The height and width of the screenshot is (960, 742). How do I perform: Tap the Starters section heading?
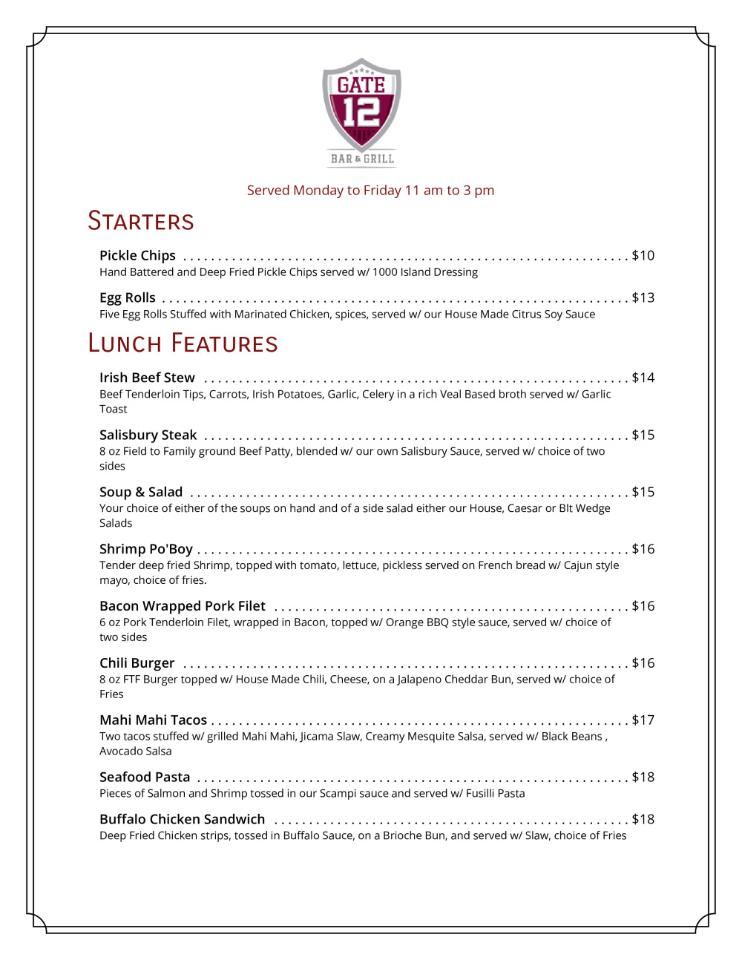tap(141, 221)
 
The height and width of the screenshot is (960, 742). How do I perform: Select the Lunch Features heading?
tap(183, 343)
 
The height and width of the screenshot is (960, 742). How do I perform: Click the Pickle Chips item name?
tap(137, 256)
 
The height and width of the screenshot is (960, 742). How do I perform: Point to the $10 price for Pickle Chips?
tap(643, 256)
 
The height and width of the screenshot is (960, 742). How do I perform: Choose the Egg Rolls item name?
tap(128, 298)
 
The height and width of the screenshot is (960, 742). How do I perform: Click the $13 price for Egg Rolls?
tap(643, 298)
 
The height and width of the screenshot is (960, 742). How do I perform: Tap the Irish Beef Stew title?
tap(147, 378)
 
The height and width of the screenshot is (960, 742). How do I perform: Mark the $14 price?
tap(643, 378)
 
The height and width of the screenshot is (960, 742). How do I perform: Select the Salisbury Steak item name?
tap(148, 435)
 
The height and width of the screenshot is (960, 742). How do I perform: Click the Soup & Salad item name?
tap(141, 493)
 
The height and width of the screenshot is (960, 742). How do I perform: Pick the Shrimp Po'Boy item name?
tap(146, 550)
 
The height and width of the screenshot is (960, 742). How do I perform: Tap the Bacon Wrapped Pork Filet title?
tap(183, 607)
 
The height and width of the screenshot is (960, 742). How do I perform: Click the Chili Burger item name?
tap(137, 664)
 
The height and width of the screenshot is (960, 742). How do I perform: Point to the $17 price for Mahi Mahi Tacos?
tap(643, 720)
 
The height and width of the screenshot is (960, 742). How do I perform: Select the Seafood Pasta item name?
tap(145, 777)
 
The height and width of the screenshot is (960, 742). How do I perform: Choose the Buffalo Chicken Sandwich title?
tap(183, 820)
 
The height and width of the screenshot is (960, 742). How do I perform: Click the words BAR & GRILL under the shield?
tap(362, 159)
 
